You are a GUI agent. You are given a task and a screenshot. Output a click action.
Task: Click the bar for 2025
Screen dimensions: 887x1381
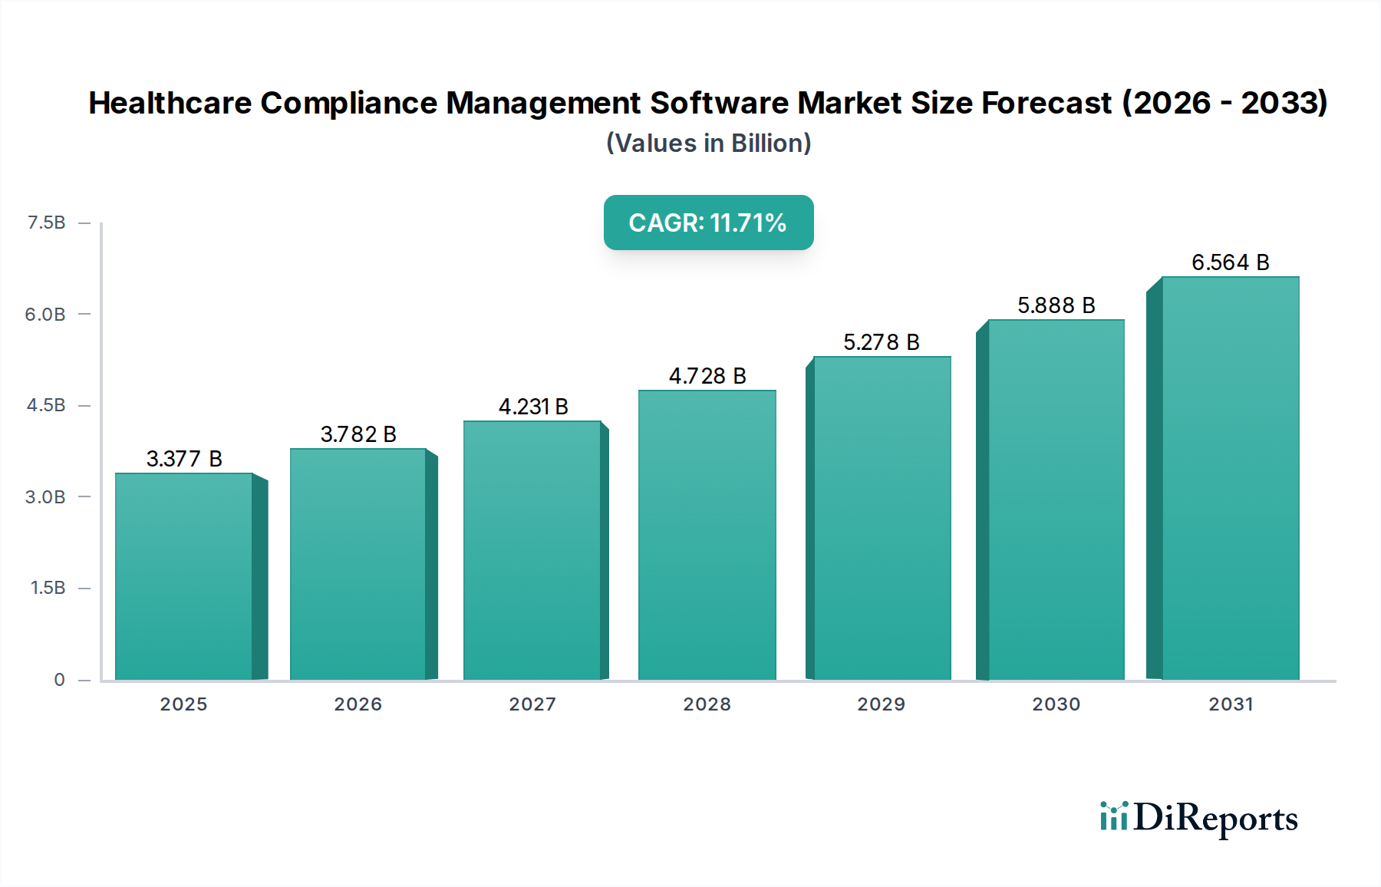pyautogui.click(x=184, y=577)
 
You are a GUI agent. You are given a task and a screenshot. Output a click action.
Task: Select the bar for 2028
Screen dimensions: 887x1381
pyautogui.click(x=707, y=536)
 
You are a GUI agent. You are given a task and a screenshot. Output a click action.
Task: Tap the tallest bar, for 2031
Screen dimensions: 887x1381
pyautogui.click(x=1230, y=479)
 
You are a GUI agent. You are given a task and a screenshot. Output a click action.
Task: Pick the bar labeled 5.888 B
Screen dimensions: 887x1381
pyautogui.click(x=1056, y=500)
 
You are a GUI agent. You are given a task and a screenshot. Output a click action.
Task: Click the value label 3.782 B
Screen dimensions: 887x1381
pyautogui.click(x=358, y=434)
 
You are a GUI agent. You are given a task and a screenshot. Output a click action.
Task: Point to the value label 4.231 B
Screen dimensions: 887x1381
pyautogui.click(x=533, y=407)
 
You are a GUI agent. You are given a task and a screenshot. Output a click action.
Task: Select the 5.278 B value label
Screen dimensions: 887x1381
pyautogui.click(x=881, y=342)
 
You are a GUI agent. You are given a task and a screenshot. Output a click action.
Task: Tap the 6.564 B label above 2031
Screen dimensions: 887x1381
pyautogui.click(x=1230, y=262)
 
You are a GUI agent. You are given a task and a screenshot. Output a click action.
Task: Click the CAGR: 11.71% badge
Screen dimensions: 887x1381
pyautogui.click(x=708, y=223)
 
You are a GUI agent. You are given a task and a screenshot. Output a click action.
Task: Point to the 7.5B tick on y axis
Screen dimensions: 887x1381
pyautogui.click(x=46, y=223)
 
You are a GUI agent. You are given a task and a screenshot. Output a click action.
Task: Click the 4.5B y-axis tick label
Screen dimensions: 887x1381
pyautogui.click(x=46, y=405)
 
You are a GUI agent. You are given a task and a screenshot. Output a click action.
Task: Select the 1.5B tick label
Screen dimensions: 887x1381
pyautogui.click(x=48, y=588)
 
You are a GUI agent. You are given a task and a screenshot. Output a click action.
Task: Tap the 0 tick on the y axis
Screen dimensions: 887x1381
pyautogui.click(x=59, y=680)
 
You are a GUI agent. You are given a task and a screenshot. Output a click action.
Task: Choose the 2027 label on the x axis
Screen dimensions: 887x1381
pyautogui.click(x=532, y=704)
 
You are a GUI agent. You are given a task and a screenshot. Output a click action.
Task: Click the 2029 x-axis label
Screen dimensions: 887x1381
pyautogui.click(x=881, y=704)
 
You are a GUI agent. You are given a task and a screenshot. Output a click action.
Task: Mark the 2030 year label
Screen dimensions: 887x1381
pyautogui.click(x=1056, y=704)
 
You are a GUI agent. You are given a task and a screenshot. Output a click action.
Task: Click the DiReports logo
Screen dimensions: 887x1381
pyautogui.click(x=1198, y=818)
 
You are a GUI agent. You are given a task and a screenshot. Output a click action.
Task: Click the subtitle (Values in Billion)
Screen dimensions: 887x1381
pyautogui.click(x=708, y=143)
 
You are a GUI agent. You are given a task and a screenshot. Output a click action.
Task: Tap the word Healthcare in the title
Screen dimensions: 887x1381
pyautogui.click(x=170, y=103)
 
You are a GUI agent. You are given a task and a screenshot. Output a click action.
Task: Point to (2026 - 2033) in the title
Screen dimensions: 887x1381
pyautogui.click(x=1224, y=103)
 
